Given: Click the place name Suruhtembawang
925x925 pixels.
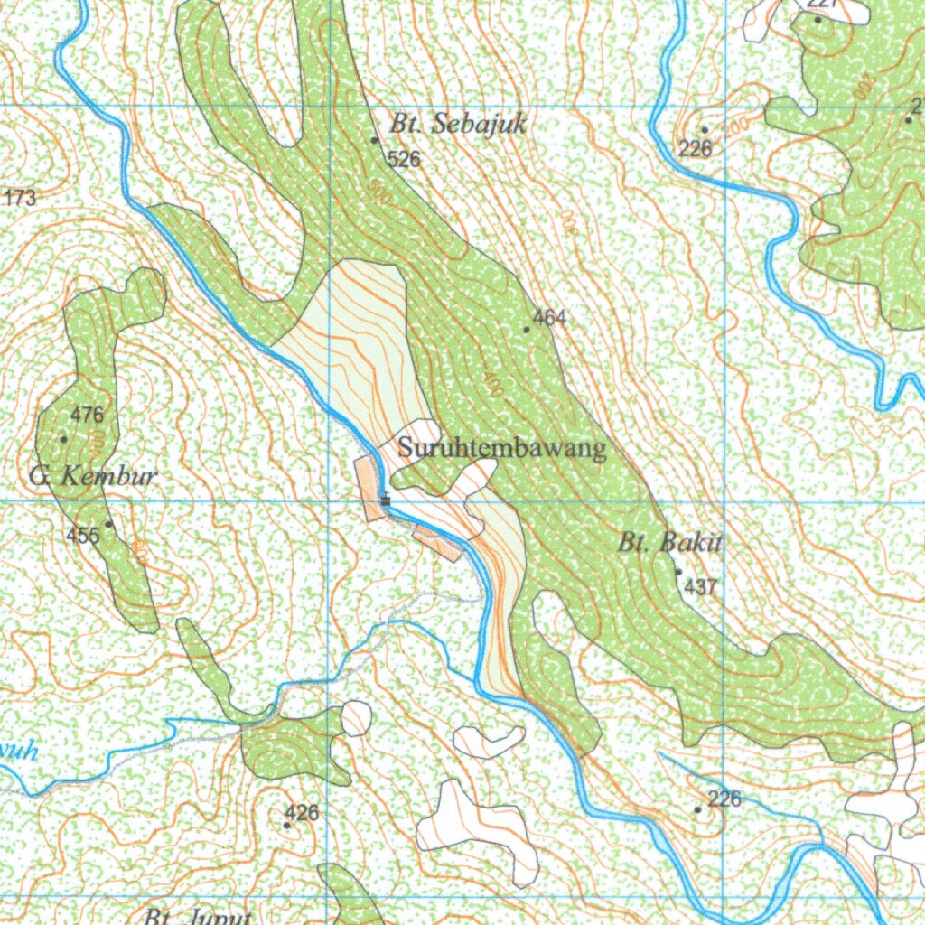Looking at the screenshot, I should [x=502, y=449].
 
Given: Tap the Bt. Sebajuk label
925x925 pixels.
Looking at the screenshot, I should [x=457, y=125].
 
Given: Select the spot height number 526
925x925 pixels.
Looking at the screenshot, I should [x=404, y=160].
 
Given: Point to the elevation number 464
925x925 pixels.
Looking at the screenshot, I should [x=549, y=318].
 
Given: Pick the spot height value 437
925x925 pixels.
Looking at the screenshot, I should [x=700, y=587].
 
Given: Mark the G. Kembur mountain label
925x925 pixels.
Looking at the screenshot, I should [x=93, y=476].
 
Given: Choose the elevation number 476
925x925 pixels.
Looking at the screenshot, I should [x=88, y=416].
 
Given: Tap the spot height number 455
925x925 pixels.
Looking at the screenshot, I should [x=82, y=535].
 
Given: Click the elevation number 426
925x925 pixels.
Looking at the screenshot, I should [x=302, y=813].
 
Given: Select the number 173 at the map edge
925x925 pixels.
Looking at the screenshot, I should [x=20, y=198].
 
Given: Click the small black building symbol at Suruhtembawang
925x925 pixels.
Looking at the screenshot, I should [x=386, y=500].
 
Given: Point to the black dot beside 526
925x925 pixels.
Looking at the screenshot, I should [x=375, y=140].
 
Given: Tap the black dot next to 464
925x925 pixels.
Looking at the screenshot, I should [x=527, y=330].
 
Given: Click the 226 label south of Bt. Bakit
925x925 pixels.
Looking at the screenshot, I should [x=724, y=799].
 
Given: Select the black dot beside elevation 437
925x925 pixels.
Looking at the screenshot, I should [x=678, y=572].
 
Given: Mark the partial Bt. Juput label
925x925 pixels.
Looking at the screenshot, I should [x=197, y=917].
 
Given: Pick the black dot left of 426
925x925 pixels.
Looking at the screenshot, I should [x=287, y=825].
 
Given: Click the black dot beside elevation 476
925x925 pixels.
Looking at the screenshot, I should [x=63, y=439].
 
